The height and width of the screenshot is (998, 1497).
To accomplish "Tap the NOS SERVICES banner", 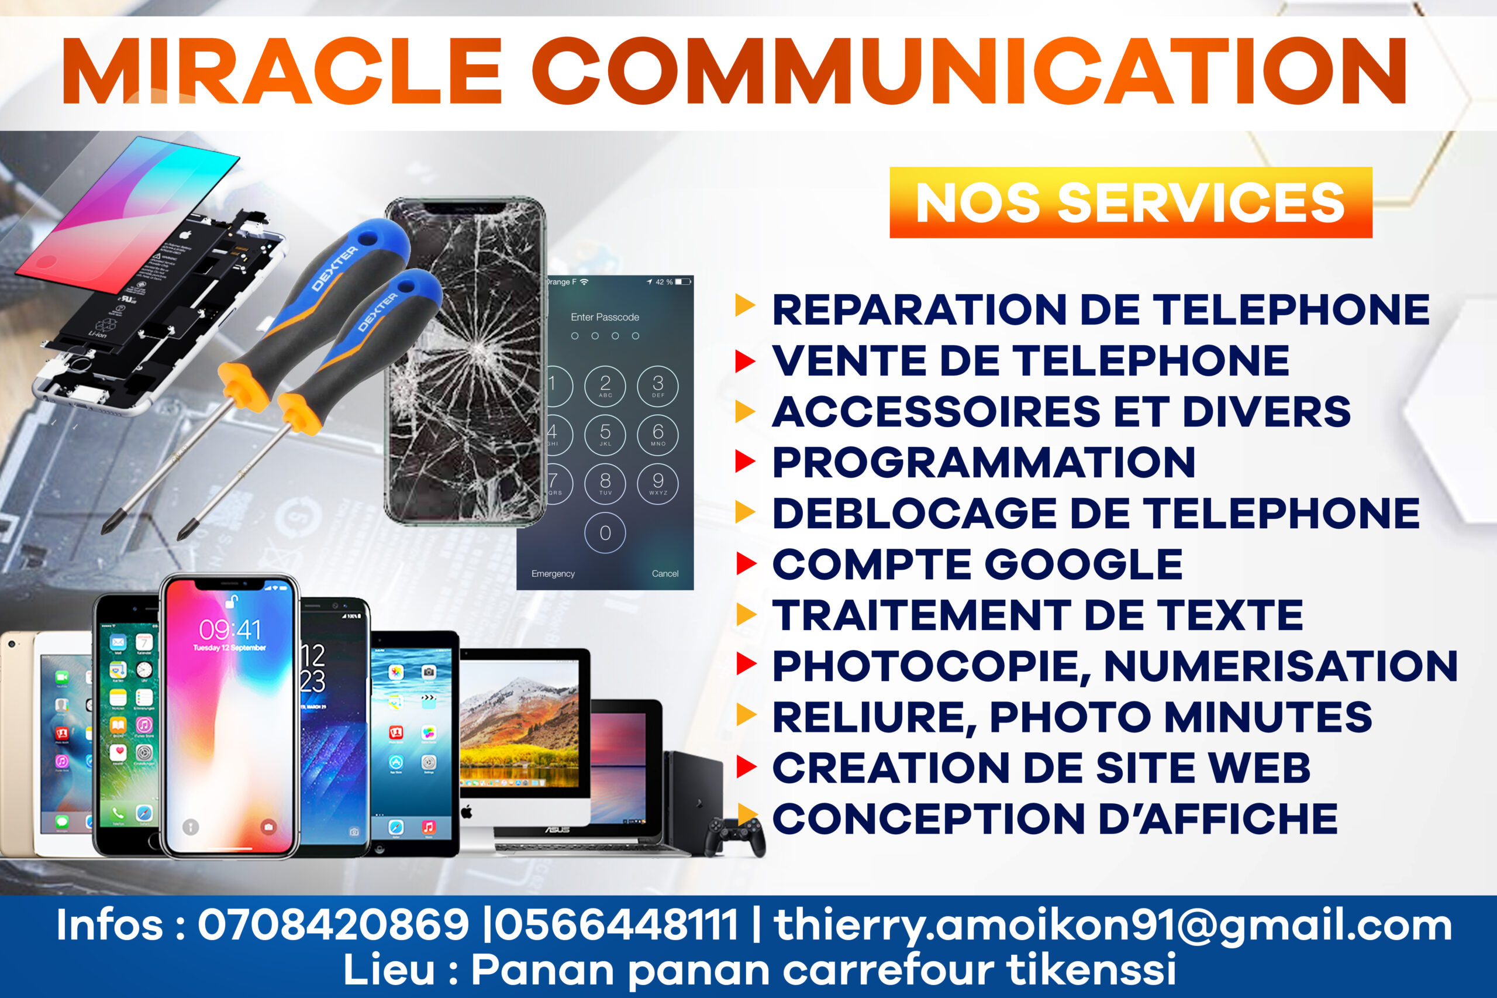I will (1130, 202).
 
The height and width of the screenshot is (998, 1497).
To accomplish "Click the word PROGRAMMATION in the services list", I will (984, 462).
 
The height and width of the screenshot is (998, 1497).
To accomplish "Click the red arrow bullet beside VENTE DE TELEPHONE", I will (744, 361).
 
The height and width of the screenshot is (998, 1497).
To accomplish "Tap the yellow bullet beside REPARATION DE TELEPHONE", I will (744, 305).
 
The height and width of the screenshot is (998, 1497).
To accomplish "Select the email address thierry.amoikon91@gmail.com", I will (1113, 925).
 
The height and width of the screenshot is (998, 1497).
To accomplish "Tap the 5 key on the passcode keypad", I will (605, 434).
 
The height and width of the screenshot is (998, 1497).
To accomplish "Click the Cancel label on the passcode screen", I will (665, 573).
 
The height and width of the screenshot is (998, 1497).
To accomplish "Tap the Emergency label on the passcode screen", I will (553, 573).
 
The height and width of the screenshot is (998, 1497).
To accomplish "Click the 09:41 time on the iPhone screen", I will (230, 629).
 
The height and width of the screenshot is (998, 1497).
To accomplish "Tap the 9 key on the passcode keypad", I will (658, 483).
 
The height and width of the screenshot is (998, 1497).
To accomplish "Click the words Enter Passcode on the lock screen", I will (605, 317).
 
